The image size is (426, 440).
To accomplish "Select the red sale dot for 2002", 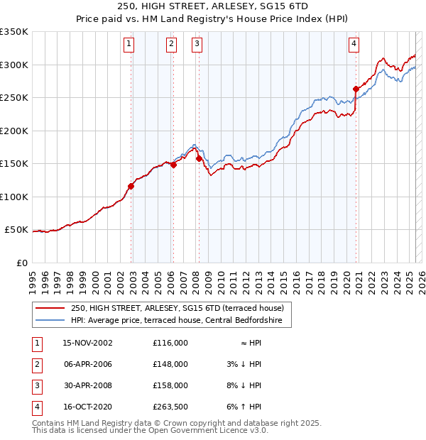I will (131, 187).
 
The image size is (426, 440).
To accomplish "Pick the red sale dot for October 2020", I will (356, 89).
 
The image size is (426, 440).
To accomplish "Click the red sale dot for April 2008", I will (199, 159).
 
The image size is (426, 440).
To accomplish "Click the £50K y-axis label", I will (16, 230).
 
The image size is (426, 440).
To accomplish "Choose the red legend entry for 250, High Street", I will (177, 308).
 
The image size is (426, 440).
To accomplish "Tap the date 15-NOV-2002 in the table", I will (88, 343).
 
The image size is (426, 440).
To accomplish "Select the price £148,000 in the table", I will (170, 364).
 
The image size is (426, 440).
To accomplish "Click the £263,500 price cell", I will (170, 407).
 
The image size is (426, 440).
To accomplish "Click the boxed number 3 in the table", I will (35, 385).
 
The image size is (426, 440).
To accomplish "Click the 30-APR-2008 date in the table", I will (88, 385).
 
